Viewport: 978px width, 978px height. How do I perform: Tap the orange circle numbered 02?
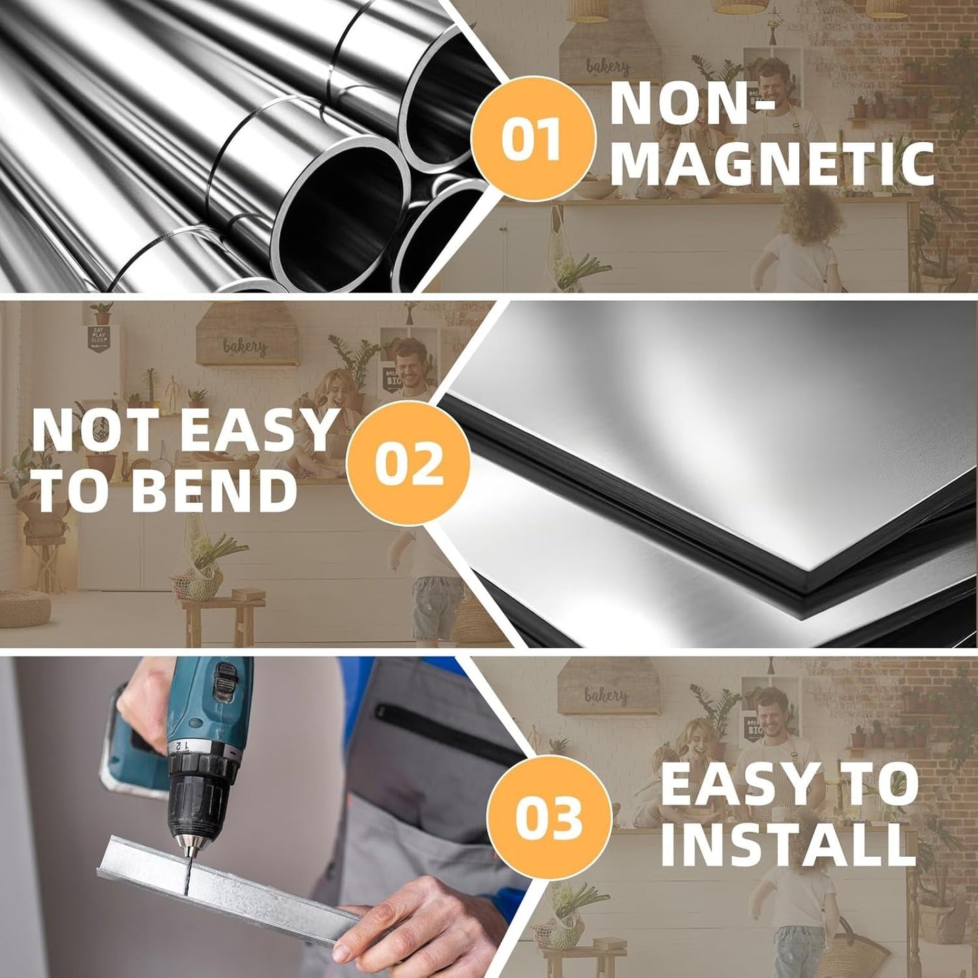407,463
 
